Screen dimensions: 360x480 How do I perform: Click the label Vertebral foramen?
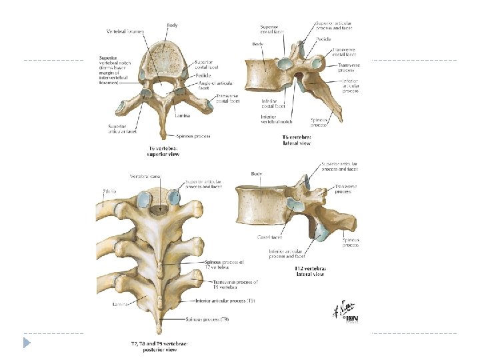pyautogui.click(x=127, y=31)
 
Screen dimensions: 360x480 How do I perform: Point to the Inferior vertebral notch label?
pyautogui.click(x=276, y=119)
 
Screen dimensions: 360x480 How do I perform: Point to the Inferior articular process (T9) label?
pyautogui.click(x=231, y=301)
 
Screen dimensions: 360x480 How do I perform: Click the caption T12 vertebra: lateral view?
pyautogui.click(x=310, y=271)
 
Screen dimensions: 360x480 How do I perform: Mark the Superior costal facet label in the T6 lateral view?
pyautogui.click(x=271, y=30)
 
